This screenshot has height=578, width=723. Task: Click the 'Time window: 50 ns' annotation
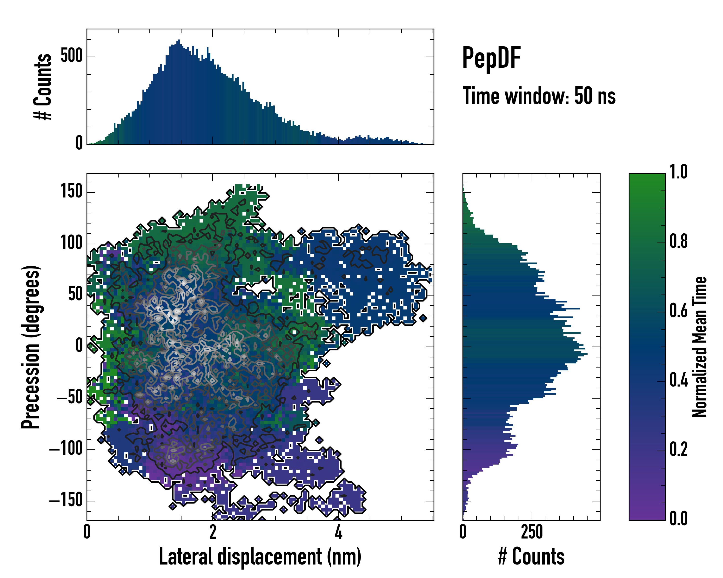point(539,96)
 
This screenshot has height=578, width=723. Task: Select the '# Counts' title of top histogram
point(43,86)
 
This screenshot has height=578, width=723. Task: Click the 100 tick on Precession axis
point(71,243)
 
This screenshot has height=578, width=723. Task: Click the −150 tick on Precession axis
point(66,501)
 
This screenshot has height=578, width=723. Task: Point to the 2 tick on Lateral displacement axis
point(213,532)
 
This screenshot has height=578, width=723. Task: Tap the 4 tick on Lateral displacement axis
point(339,532)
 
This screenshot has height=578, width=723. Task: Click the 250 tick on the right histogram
point(532,532)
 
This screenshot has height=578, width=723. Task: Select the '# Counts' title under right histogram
point(531,557)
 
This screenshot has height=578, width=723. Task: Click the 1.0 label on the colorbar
point(678,172)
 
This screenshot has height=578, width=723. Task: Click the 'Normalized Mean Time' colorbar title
point(700,347)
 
